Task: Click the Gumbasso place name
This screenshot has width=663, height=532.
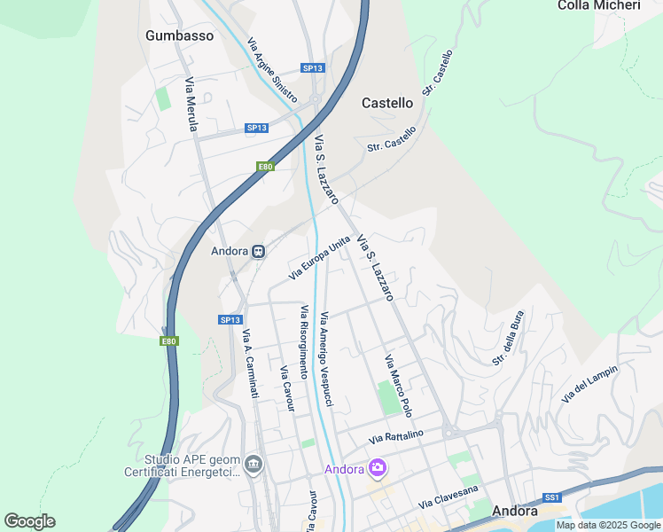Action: tap(180, 35)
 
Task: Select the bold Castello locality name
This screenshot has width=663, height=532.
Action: tap(387, 103)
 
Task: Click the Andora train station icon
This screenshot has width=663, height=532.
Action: tap(258, 251)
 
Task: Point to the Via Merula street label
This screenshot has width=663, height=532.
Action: tap(191, 105)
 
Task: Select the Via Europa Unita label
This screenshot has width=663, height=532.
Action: tap(320, 258)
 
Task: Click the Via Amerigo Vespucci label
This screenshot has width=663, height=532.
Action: tap(327, 359)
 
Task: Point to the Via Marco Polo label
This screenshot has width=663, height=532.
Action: tap(398, 386)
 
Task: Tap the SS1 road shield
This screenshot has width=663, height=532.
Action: tap(552, 497)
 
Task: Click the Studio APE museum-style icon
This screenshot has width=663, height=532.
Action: tap(253, 463)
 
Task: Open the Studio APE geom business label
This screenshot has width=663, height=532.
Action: tap(191, 467)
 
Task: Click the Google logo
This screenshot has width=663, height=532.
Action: tap(29, 521)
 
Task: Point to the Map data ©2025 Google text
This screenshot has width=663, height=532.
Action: tap(608, 525)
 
